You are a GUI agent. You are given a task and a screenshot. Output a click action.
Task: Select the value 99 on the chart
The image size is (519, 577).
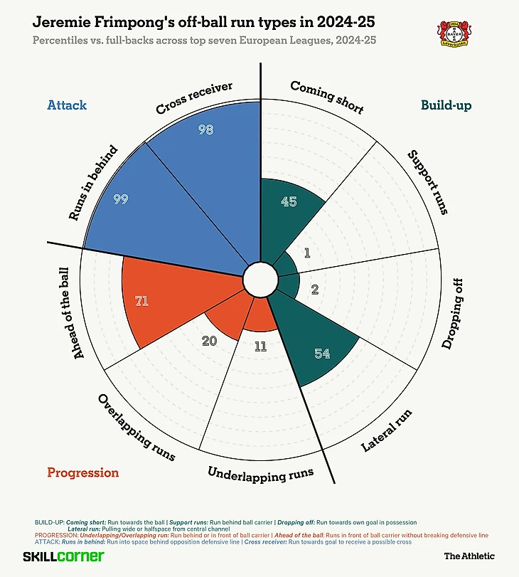[121, 199]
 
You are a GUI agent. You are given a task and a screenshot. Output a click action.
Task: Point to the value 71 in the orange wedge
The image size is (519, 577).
[141, 301]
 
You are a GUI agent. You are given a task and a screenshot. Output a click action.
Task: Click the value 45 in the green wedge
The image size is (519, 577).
[289, 201]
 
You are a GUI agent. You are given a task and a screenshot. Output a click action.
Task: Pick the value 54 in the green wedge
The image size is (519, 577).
[321, 353]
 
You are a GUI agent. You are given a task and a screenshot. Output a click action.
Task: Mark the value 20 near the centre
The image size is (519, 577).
[209, 341]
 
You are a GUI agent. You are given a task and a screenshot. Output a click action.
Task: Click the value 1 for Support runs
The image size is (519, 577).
[307, 253]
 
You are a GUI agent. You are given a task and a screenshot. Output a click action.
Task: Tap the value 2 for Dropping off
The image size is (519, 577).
[315, 289]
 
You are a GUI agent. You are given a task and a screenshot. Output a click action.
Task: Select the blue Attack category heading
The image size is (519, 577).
[67, 105]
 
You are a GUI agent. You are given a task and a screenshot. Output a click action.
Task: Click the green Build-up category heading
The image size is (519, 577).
[446, 105]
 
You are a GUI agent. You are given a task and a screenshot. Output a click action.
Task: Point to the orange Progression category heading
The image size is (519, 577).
[82, 472]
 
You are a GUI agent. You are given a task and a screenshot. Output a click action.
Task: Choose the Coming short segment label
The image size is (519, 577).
[327, 97]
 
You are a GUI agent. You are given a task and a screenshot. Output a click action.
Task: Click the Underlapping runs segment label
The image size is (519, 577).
[260, 474]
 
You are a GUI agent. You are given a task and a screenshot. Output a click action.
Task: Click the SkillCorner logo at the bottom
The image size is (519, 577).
[63, 556]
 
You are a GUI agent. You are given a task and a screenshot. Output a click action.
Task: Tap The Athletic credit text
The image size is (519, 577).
[469, 556]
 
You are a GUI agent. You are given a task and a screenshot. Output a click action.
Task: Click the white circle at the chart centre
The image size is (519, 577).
[259, 280]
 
